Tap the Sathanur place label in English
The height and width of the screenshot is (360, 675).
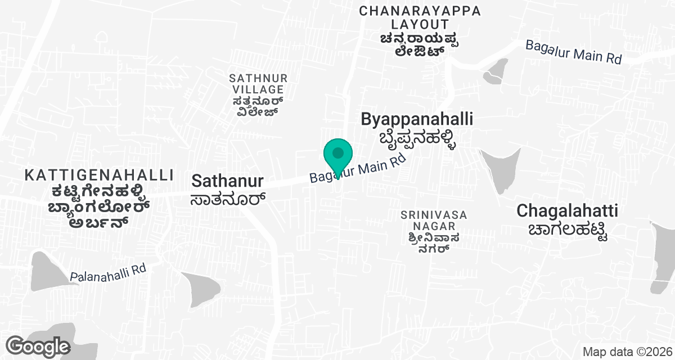click(227, 181)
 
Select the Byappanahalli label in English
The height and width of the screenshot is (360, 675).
click(416, 119)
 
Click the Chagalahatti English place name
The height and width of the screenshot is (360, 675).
click(567, 211)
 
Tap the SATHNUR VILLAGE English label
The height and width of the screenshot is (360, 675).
click(258, 83)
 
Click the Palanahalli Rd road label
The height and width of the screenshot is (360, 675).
click(108, 273)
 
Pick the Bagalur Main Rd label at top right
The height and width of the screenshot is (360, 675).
click(573, 52)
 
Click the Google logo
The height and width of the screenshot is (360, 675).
click(38, 345)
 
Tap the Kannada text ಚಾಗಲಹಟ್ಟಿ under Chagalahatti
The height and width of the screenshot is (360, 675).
click(568, 231)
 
